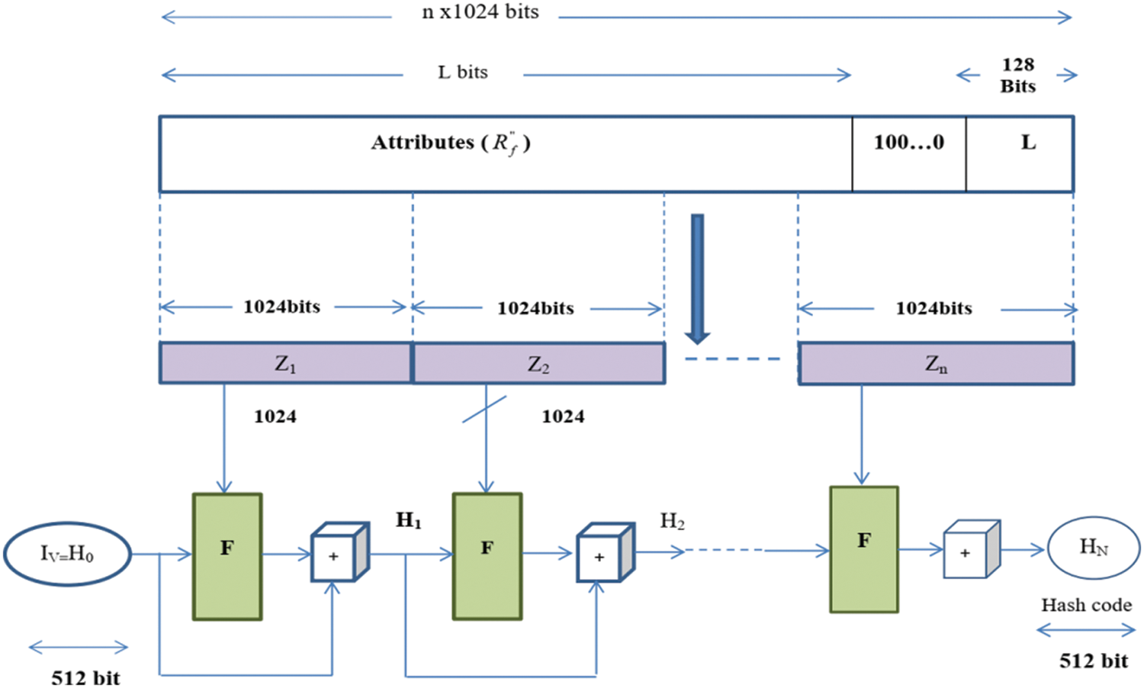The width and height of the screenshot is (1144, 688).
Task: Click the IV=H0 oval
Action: [67, 554]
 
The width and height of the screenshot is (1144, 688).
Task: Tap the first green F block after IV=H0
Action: [227, 556]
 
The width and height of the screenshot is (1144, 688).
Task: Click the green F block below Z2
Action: [487, 556]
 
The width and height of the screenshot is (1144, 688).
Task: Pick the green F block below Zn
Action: [863, 549]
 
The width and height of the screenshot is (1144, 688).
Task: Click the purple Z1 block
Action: [285, 363]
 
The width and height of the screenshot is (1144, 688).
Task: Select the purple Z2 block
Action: [538, 364]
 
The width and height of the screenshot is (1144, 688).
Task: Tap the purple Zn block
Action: [936, 364]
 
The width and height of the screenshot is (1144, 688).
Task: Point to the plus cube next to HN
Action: [970, 550]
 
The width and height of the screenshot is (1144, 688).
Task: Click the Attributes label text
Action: [450, 143]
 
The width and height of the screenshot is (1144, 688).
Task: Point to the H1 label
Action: [408, 521]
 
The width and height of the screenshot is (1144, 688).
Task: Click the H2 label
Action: [672, 521]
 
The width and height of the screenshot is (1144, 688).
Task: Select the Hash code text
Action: [1086, 605]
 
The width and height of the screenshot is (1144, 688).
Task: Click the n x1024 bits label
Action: [480, 12]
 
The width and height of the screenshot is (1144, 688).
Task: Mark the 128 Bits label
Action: [1017, 75]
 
